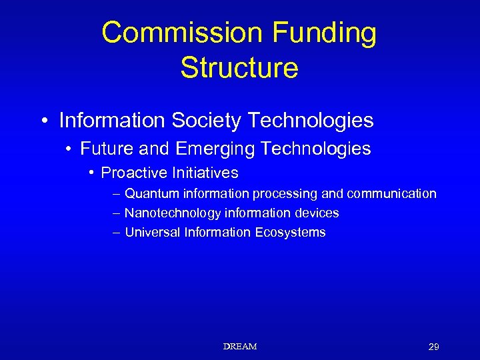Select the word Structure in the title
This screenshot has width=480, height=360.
pyautogui.click(x=239, y=67)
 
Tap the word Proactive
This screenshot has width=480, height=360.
pyautogui.click(x=133, y=173)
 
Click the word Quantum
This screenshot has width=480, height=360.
pyautogui.click(x=152, y=194)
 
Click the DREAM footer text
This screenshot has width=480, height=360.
pyautogui.click(x=240, y=347)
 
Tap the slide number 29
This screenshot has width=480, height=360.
pyautogui.click(x=433, y=347)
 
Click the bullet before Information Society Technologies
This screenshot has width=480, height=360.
pyautogui.click(x=44, y=121)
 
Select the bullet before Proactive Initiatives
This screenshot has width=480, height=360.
pyautogui.click(x=91, y=173)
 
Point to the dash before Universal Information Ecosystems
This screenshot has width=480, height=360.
pyautogui.click(x=117, y=233)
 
